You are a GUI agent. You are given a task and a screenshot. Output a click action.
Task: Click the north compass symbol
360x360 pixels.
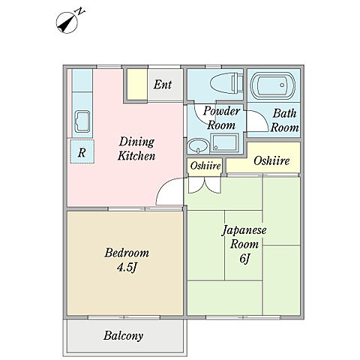coord(67,22)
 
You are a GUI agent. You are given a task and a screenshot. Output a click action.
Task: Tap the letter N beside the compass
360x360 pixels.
coord(80,11)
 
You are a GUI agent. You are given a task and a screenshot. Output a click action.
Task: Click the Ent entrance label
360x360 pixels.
coord(163,85)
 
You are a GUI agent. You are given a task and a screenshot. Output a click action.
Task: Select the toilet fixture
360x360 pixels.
coord(226,82)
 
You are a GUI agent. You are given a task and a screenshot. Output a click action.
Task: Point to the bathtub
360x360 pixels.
coord(273,85)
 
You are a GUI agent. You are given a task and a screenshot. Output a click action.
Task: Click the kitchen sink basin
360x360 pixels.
coord(82,121)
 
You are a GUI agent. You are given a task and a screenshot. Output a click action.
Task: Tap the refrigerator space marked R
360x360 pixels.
coord(82,151)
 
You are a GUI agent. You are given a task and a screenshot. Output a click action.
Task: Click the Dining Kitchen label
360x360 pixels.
coord(136,148)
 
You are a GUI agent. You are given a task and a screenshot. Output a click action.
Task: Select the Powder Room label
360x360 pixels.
coord(221,118)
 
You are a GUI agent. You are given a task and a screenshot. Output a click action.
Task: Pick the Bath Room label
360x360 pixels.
coord(285,120)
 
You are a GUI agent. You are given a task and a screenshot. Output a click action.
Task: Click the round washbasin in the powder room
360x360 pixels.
coord(199,145)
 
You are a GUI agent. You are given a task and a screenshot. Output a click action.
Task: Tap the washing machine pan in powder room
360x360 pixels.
coord(224,142)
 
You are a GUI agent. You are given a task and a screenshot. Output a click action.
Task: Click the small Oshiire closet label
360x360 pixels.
coord(205,166)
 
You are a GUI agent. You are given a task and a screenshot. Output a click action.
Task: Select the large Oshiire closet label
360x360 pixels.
coord(271,160)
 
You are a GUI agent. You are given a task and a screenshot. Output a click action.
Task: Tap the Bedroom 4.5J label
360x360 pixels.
coord(127,260)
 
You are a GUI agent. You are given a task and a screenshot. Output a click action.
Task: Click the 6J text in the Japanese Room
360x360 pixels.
coord(244,259)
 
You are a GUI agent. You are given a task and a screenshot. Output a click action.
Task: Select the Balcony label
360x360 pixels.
coord(123,335)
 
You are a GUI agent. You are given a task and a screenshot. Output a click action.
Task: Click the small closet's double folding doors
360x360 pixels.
coord(205,185)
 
